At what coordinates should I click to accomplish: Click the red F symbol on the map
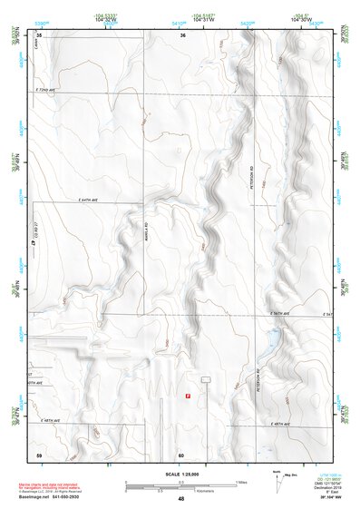click(187, 396)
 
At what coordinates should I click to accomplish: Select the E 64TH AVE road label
click(82, 200)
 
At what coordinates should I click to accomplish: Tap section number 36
click(182, 35)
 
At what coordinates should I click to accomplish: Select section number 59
click(39, 454)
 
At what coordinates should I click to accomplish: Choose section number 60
click(181, 454)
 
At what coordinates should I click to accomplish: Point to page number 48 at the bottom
click(181, 499)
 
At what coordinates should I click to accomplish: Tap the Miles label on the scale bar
click(241, 482)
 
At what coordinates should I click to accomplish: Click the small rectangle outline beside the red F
click(206, 378)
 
